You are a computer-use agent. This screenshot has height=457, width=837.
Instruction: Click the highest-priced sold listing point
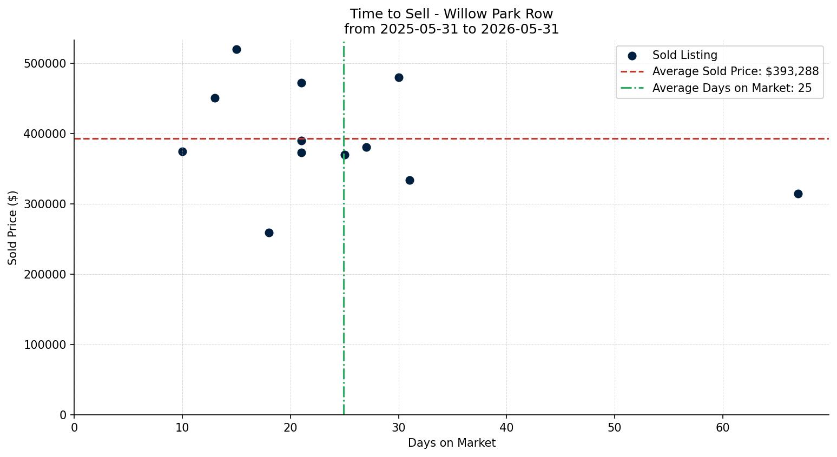point(236,50)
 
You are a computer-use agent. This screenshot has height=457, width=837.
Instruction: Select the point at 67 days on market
point(798,194)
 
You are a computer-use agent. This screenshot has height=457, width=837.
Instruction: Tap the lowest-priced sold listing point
point(269,233)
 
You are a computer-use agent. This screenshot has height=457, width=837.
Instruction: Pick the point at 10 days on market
point(182,151)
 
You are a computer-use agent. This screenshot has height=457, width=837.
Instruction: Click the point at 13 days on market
point(215,98)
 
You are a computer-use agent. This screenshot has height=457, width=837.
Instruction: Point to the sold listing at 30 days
point(399,78)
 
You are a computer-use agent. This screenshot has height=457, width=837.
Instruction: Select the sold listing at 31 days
point(410,180)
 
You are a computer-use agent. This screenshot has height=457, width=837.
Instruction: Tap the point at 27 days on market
point(367,148)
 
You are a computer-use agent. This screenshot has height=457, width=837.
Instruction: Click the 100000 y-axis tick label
point(45,345)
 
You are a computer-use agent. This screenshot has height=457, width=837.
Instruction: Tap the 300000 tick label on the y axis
point(45,204)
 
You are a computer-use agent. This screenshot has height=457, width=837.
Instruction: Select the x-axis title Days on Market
point(452,443)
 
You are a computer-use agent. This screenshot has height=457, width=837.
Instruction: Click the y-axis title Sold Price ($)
point(12,228)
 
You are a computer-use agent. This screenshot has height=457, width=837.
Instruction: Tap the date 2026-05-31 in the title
point(520,29)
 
